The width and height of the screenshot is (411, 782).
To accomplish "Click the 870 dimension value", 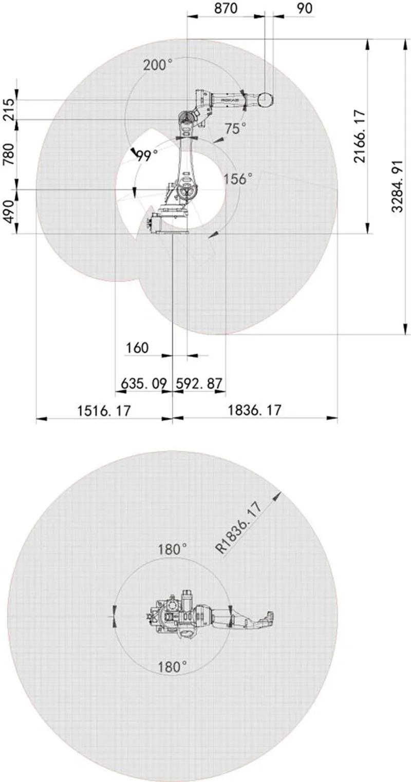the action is [x=226, y=8].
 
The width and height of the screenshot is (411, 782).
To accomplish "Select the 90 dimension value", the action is [x=305, y=8].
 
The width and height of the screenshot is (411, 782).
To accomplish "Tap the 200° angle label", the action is [x=158, y=65].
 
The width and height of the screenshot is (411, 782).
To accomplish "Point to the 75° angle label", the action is [x=235, y=128].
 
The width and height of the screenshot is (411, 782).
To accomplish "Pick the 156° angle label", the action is [x=237, y=179].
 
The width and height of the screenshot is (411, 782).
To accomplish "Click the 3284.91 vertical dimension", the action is [x=397, y=186].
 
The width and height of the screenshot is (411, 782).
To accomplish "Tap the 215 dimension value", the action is [x=8, y=109].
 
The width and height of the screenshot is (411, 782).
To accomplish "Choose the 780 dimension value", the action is [x=8, y=154].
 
